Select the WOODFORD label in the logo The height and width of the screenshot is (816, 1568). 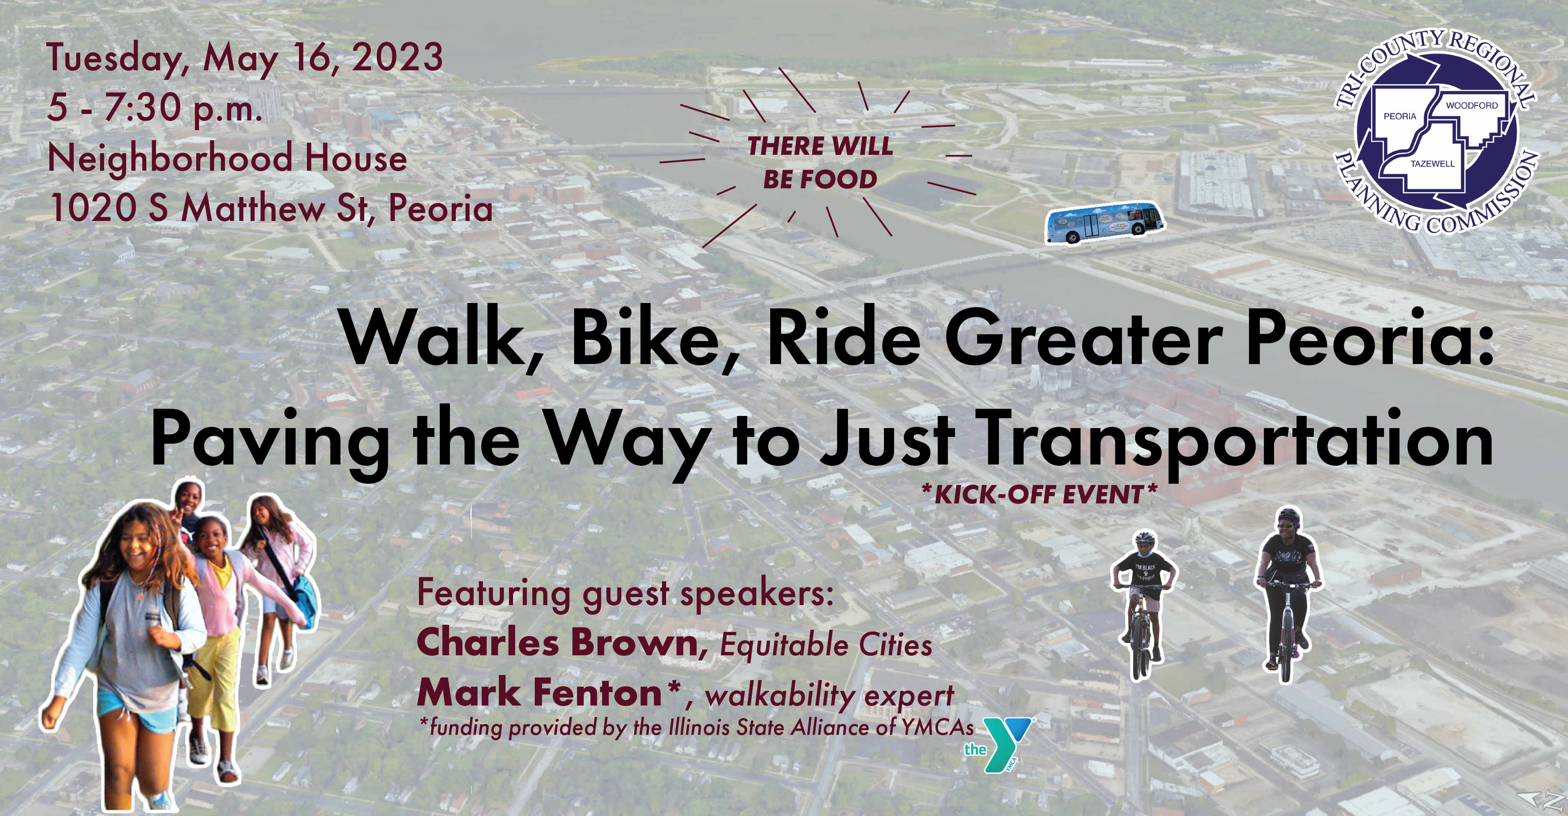coord(1472,105)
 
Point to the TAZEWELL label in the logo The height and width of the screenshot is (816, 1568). coord(1433,164)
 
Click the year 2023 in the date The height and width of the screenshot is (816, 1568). coord(398,57)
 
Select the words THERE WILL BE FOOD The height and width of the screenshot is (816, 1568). coord(820,163)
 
